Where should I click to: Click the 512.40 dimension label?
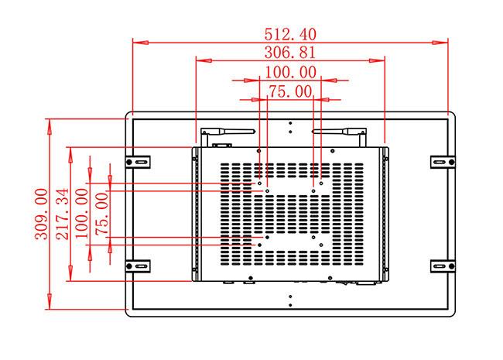pyautogui.click(x=290, y=35)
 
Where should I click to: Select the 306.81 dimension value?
pyautogui.click(x=290, y=53)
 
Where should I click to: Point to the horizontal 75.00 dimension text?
pyautogui.click(x=289, y=92)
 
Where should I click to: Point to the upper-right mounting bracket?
pyautogui.click(x=440, y=161)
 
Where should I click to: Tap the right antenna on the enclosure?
pyautogui.click(x=340, y=132)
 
